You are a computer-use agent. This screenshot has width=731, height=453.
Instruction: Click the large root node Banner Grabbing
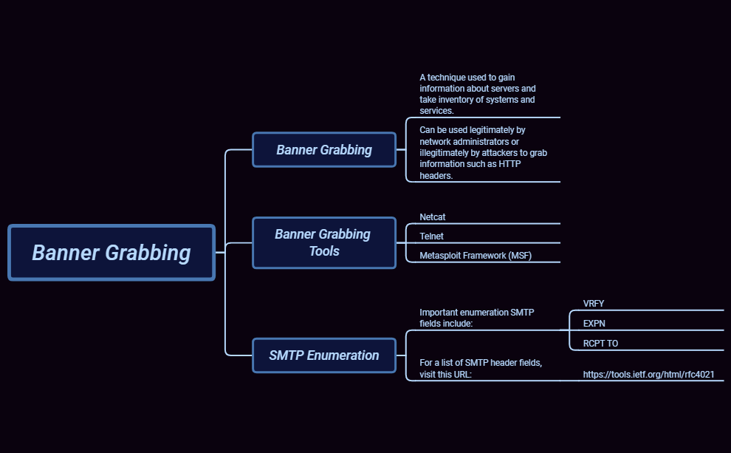[x=111, y=253]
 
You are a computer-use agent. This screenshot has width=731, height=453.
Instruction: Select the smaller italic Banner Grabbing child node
[x=324, y=150]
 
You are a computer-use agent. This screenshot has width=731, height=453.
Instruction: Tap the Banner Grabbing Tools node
[x=324, y=242]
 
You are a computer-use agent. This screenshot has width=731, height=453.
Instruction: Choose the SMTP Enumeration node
[x=324, y=355]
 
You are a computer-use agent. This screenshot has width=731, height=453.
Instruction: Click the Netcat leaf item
[x=433, y=217]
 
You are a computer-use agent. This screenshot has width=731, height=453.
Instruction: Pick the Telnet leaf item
[x=432, y=236]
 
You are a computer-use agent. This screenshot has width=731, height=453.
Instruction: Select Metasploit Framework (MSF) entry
[x=476, y=256]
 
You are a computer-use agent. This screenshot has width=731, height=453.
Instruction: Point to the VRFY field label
[x=594, y=304]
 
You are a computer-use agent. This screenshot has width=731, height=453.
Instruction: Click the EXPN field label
[x=594, y=324]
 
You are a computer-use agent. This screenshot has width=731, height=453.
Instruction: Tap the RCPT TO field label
[x=600, y=344]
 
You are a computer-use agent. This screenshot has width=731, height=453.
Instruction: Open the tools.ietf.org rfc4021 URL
[x=648, y=375]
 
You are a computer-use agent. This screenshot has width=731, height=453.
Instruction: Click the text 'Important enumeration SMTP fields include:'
[x=476, y=318]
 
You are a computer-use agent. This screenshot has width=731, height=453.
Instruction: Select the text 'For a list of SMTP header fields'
[x=481, y=363]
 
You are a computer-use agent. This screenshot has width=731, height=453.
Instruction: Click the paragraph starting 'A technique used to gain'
[x=477, y=94]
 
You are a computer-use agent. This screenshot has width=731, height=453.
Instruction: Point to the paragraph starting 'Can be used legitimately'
[x=483, y=152]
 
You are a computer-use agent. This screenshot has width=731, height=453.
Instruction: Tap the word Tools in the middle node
[x=324, y=252]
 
